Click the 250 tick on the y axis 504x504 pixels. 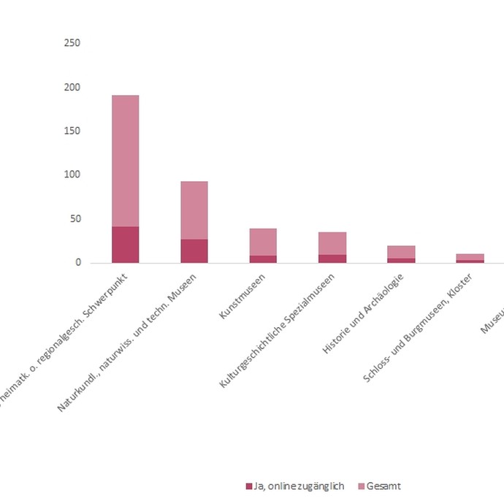click(x=72, y=43)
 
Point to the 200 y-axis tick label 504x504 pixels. click(x=72, y=87)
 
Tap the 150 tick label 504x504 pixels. click(x=72, y=131)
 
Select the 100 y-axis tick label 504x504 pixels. click(x=72, y=175)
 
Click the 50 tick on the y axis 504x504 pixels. click(x=74, y=218)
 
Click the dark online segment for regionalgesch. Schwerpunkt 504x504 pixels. click(x=125, y=245)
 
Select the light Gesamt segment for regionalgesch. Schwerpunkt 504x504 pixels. click(x=125, y=161)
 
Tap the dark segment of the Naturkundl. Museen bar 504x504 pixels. click(x=194, y=251)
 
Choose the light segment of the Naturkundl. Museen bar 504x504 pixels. click(x=194, y=210)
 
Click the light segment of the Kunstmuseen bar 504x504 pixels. click(x=263, y=242)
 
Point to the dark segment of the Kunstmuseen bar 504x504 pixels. click(x=263, y=259)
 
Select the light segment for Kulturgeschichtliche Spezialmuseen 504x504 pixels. click(x=332, y=243)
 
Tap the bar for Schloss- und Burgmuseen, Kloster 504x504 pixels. click(x=470, y=256)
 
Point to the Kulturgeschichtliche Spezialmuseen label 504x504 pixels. click(x=278, y=329)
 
